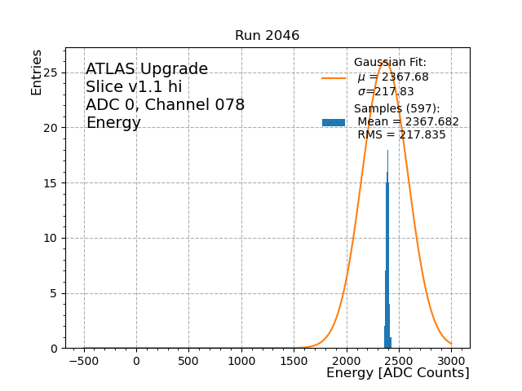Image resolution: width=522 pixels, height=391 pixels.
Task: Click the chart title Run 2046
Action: point(267,36)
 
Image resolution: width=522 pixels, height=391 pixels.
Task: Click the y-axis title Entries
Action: point(37,72)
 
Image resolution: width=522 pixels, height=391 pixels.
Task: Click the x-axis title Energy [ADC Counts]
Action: point(397,373)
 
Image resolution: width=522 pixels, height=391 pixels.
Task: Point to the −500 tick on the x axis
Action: point(84,360)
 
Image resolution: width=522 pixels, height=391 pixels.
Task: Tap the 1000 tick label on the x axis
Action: point(241,360)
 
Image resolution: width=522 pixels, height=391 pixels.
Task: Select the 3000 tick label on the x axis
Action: point(452,360)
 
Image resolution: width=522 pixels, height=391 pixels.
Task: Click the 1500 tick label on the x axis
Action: point(294,360)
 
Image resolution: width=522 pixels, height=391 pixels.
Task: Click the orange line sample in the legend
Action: point(333,78)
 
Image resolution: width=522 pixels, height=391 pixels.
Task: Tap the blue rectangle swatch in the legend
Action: point(333,122)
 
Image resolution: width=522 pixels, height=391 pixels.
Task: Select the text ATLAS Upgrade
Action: point(147,69)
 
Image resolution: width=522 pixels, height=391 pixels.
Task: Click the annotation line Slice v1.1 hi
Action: point(134,87)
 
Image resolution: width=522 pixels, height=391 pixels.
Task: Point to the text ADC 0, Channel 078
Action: point(165,105)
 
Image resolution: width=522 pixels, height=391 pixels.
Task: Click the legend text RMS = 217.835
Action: point(401,135)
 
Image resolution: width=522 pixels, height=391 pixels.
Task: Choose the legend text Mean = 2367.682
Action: point(408,122)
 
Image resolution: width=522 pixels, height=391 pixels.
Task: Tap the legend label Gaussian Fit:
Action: point(390,63)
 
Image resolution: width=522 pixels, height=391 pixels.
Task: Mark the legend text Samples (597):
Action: point(396,109)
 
